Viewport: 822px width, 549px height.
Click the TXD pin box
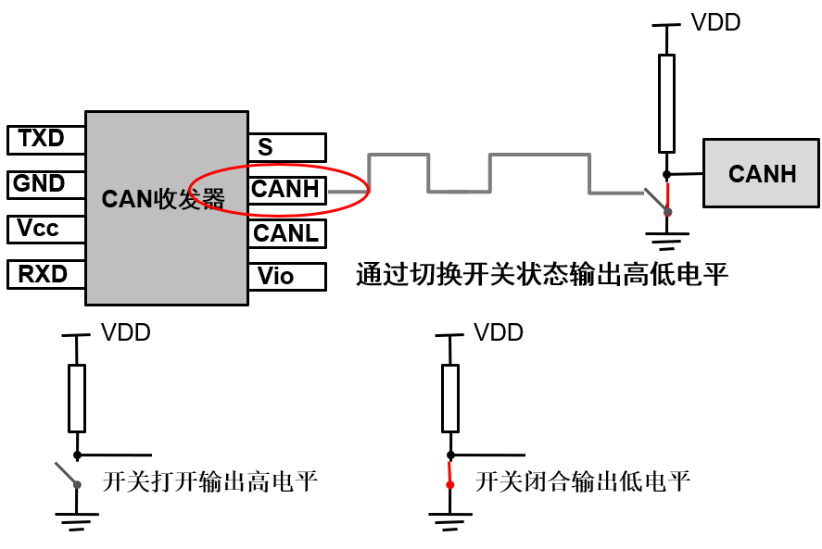45,140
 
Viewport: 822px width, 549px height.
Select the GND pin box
45,184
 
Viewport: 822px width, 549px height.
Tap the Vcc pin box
45,229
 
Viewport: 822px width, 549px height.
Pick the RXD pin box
45,274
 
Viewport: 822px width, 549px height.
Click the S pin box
286,147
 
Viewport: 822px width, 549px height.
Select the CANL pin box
286,233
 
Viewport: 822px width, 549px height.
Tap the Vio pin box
286,276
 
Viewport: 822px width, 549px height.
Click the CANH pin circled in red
286,190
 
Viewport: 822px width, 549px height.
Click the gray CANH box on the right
761,173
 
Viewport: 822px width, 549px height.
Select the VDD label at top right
715,23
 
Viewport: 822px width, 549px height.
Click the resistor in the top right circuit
666,103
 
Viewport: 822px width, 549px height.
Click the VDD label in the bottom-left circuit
125,332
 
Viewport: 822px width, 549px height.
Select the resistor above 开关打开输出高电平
77,398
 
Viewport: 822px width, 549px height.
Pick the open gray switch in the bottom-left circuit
68,474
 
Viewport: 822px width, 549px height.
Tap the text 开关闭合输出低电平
582,481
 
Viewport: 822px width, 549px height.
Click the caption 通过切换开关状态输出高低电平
542,275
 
